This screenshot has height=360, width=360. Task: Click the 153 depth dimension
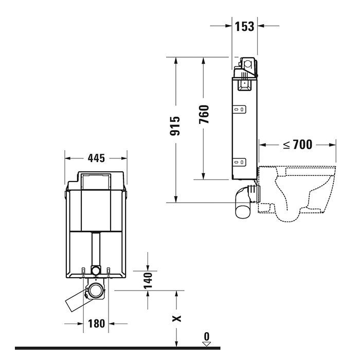244,26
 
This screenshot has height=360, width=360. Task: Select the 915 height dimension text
175,126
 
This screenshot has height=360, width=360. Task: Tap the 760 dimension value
204,114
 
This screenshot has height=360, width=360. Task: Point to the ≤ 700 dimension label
298,145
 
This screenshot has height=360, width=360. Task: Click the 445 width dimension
96,158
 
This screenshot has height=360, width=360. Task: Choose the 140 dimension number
148,281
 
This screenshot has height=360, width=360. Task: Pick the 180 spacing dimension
97,323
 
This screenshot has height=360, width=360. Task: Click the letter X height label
176,318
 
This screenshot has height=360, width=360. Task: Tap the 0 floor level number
207,336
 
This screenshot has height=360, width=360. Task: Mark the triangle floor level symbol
207,344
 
